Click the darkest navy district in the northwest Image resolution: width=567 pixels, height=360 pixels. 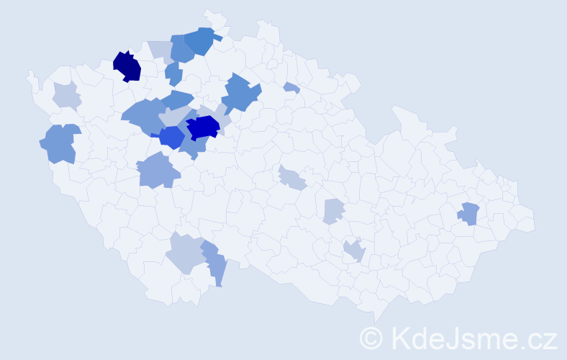[127, 66]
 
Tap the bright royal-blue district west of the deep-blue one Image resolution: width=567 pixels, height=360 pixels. [171, 137]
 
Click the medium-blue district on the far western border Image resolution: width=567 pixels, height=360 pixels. [59, 143]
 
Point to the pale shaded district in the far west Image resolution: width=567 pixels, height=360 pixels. [66, 95]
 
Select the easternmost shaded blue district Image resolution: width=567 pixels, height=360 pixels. [468, 214]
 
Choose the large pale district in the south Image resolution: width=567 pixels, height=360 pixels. [184, 253]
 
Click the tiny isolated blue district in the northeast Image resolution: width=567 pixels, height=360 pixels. [291, 88]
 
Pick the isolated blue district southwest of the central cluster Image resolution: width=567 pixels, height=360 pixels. [157, 171]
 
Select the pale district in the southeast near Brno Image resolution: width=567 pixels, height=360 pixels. [354, 251]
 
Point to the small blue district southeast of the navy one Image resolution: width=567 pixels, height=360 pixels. [173, 72]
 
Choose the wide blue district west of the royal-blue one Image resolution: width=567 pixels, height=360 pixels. [142, 116]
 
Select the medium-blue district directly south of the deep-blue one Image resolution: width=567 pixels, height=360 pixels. [192, 146]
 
